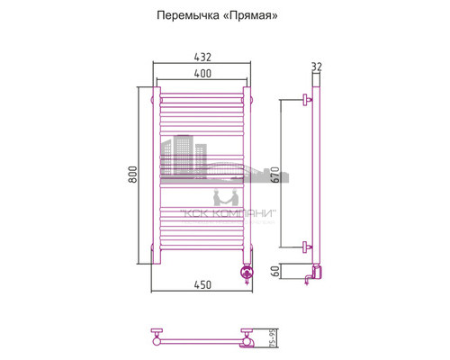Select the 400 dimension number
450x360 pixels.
pyautogui.click(x=202, y=72)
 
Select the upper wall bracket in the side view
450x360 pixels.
pyautogui.click(x=307, y=99)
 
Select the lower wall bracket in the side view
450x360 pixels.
pyautogui.click(x=307, y=245)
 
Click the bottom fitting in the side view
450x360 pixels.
pyautogui.click(x=314, y=274)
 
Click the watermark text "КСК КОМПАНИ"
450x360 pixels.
pyautogui.click(x=229, y=213)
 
